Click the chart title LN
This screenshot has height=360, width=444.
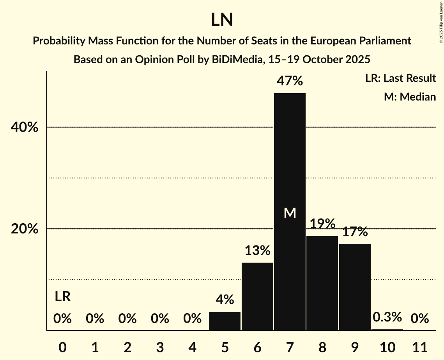pyautogui.click(x=222, y=20)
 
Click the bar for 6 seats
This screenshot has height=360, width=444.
pyautogui.click(x=257, y=296)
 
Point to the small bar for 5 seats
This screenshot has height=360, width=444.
pyautogui.click(x=225, y=321)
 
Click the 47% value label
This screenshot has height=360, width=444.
pyautogui.click(x=290, y=81)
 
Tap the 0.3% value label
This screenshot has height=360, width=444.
pyautogui.click(x=387, y=317)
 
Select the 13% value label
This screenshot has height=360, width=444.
pyautogui.click(x=257, y=251)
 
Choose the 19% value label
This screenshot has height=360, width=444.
pyautogui.click(x=322, y=224)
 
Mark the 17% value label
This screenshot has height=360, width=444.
pyautogui.click(x=355, y=232)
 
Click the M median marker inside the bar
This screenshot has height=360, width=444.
pyautogui.click(x=290, y=213)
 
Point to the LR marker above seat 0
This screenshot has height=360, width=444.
pyautogui.click(x=62, y=297)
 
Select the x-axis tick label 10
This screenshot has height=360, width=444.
pyautogui.click(x=387, y=347)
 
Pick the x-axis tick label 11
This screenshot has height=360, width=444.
pyautogui.click(x=420, y=347)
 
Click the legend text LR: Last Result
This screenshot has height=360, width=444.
pyautogui.click(x=400, y=78)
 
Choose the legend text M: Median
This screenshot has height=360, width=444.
pyautogui.click(x=410, y=97)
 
